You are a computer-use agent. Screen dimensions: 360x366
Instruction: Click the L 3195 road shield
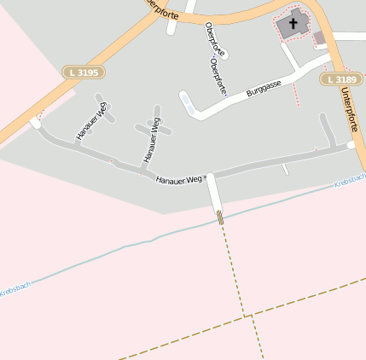(82, 73)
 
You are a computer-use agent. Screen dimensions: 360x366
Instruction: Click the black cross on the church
(293, 23)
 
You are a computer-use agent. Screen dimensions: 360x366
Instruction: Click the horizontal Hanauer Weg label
(178, 179)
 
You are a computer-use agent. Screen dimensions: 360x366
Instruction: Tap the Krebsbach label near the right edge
(349, 182)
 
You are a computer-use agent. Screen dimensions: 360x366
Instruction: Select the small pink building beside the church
(319, 38)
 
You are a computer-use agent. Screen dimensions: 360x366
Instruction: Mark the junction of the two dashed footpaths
(249, 316)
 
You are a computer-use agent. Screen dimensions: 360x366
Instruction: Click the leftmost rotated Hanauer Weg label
(92, 121)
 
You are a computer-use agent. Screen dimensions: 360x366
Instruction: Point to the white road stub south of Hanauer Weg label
(213, 194)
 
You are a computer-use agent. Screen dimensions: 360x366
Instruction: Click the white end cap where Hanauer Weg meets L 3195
(35, 124)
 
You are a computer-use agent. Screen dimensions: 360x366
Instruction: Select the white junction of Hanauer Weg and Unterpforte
(351, 146)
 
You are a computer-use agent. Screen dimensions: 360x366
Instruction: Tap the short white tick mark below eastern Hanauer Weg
(286, 170)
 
